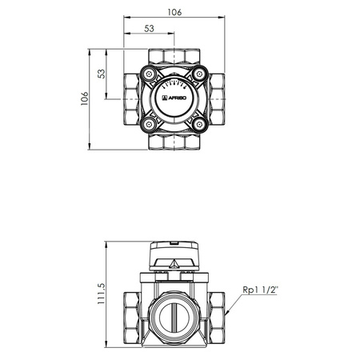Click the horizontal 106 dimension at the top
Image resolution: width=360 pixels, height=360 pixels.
click(174, 11)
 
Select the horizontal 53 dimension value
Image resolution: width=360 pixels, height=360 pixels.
click(149, 30)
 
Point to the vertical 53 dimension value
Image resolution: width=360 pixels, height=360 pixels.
click(102, 73)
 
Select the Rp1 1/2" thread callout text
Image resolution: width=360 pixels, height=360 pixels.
click(264, 291)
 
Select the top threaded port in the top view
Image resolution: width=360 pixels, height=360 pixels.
click(174, 56)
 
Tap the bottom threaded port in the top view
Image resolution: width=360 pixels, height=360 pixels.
click(174, 142)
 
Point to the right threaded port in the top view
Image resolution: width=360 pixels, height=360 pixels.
click(218, 98)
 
